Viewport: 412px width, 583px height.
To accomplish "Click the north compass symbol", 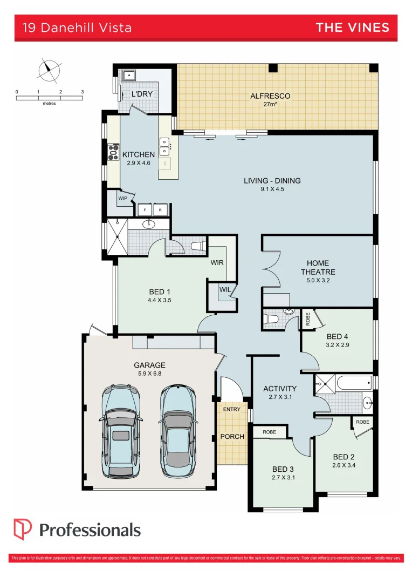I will [49, 69].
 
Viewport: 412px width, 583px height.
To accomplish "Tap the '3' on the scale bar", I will [83, 92].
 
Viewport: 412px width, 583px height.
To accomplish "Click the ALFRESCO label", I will [270, 96].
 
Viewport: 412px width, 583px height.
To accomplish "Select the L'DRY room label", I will [142, 94].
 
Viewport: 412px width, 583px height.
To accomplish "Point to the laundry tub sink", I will [128, 75].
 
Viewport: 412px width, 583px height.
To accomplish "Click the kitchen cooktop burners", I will [114, 152].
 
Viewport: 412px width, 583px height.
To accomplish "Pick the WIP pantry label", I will [123, 198].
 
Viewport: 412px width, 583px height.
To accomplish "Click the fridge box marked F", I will [145, 210].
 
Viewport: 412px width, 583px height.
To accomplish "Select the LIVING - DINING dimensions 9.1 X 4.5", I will [272, 189].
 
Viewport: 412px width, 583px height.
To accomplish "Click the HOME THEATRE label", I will [318, 268].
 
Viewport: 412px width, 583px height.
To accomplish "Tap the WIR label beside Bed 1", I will [217, 263].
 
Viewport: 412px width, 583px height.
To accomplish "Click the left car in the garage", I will [121, 430].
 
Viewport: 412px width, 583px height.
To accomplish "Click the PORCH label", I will [232, 436].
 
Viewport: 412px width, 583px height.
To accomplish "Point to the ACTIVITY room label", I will [279, 388].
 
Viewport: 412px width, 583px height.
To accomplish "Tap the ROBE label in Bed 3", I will [270, 432].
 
